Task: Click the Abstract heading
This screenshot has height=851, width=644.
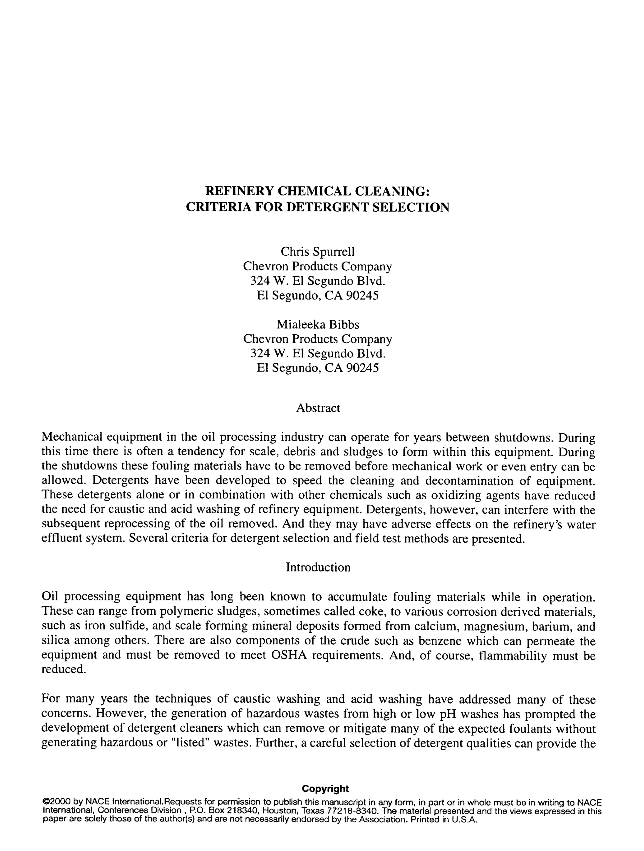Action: (x=318, y=408)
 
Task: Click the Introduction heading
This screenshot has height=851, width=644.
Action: (x=318, y=567)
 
